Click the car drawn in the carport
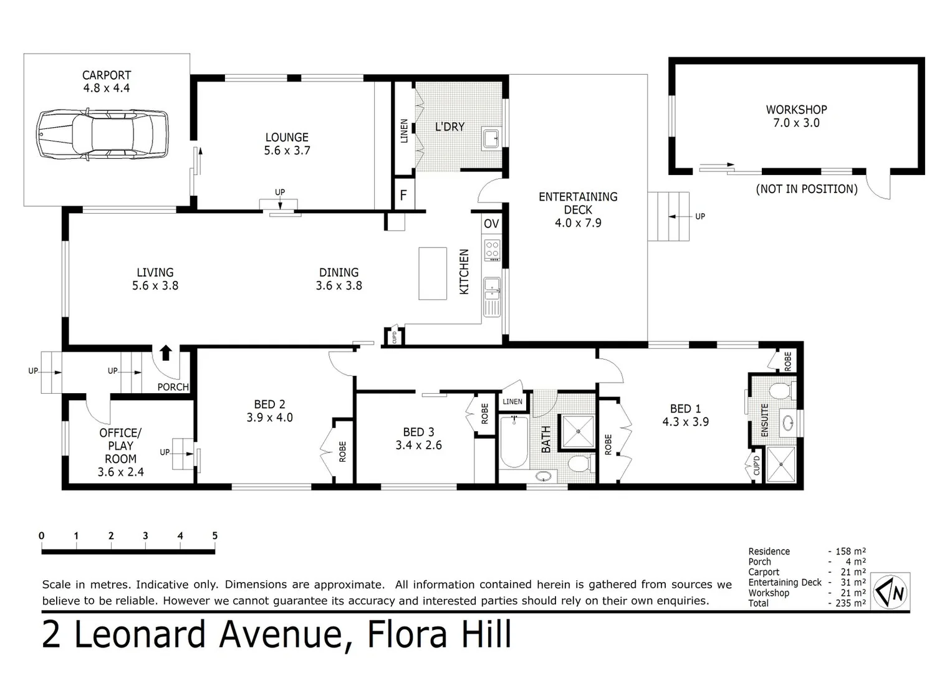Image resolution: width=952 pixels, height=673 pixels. (x=103, y=134)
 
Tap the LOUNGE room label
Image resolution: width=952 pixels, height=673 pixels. (x=287, y=137)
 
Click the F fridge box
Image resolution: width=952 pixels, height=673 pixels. (x=403, y=195)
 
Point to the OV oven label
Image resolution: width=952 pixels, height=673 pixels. (x=491, y=224)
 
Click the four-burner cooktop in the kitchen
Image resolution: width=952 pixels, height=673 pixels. (x=492, y=250)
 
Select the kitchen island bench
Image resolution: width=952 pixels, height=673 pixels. (x=433, y=273)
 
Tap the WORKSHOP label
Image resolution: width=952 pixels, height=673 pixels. (x=796, y=110)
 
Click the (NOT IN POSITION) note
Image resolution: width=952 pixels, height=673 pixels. (x=807, y=189)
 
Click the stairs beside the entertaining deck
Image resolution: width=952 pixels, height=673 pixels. (x=668, y=216)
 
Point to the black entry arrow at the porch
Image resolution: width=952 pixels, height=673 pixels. (x=165, y=353)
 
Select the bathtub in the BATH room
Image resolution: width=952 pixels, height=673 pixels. (x=514, y=442)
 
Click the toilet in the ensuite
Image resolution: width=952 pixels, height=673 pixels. (x=779, y=391)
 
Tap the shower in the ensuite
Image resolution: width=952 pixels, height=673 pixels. (x=781, y=464)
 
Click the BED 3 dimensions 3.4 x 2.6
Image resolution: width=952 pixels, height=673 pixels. (x=418, y=445)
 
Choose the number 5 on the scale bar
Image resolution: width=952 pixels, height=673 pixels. (x=214, y=536)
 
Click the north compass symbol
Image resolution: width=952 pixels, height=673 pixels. (x=891, y=591)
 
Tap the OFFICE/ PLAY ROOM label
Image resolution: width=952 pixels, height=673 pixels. (x=120, y=446)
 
